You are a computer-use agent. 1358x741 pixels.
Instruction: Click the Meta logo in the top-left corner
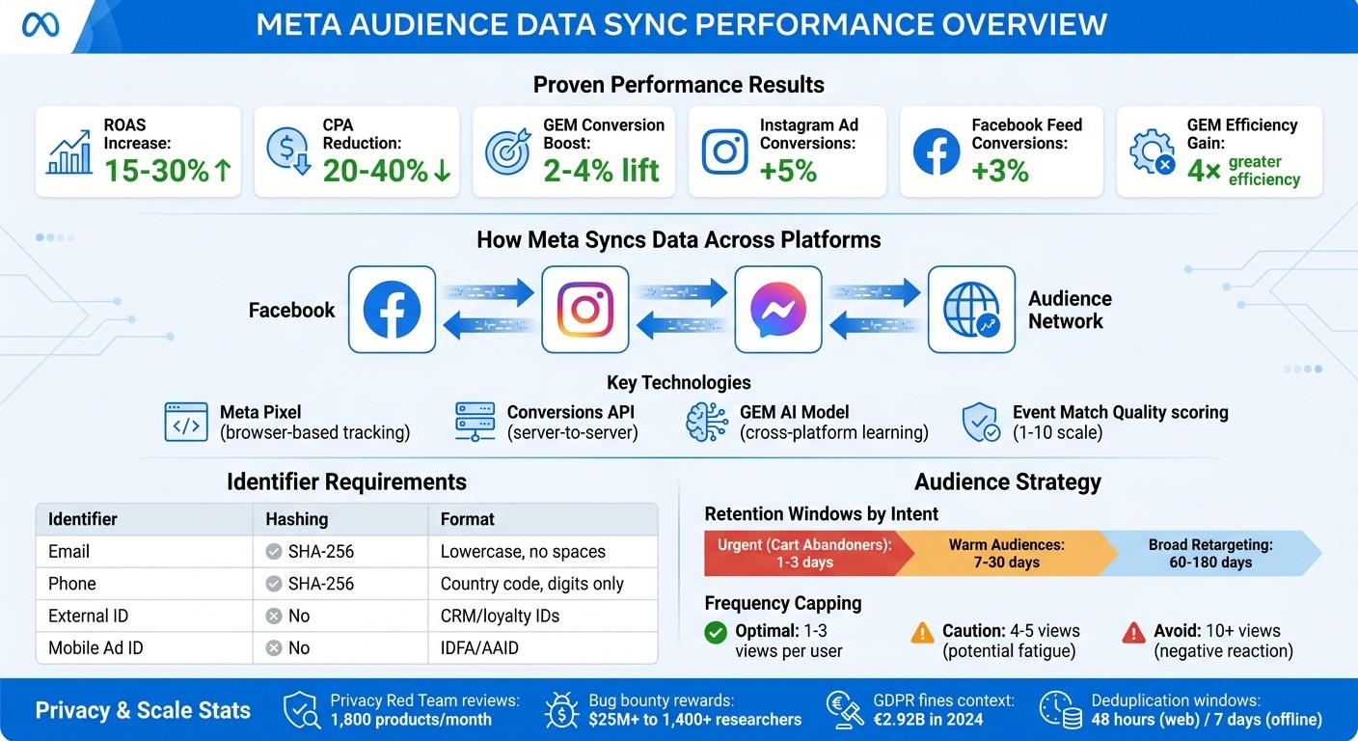click(x=41, y=25)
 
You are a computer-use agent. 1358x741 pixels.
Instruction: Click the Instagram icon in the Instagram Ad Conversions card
click(x=724, y=151)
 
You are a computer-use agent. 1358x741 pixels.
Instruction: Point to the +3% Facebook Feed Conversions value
click(x=999, y=171)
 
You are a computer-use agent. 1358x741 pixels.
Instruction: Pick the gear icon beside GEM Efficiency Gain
click(x=1151, y=152)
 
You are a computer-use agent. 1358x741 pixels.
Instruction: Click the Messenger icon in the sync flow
click(x=778, y=310)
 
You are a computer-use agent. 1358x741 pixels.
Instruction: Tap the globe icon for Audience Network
click(x=971, y=310)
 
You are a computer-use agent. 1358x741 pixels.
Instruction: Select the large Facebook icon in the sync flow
click(x=392, y=310)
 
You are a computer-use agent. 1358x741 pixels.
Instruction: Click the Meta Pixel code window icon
click(x=186, y=423)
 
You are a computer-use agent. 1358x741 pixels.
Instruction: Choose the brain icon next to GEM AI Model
click(x=706, y=423)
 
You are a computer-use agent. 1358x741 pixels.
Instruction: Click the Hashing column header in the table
click(x=297, y=519)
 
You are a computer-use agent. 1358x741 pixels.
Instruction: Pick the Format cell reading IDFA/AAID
click(x=479, y=647)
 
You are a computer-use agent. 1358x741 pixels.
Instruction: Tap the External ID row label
click(x=88, y=616)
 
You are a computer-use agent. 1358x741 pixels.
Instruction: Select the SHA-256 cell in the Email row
click(x=320, y=552)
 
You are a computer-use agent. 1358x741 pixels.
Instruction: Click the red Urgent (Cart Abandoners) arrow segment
click(x=805, y=553)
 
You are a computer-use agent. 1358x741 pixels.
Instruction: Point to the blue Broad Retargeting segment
click(x=1210, y=553)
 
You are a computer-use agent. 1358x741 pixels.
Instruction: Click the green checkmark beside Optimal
click(x=716, y=633)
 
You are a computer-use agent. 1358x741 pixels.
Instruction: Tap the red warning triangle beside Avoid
click(x=1133, y=633)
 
